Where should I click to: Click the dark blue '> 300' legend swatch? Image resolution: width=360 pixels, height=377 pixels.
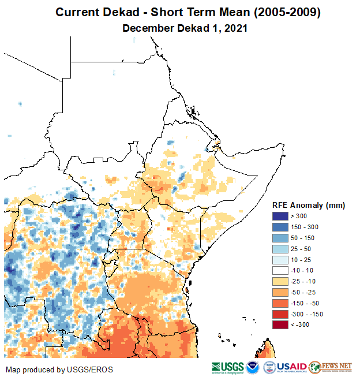click(280, 216)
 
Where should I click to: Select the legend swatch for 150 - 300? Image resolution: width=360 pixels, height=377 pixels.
click(280, 227)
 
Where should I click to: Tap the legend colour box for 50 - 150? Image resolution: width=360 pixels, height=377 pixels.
click(280, 238)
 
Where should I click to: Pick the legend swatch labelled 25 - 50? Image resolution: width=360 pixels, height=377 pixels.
click(280, 249)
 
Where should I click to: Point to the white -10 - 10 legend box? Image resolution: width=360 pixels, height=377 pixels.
click(280, 270)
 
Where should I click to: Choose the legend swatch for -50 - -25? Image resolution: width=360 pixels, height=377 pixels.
click(280, 292)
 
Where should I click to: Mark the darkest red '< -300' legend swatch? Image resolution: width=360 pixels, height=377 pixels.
click(280, 325)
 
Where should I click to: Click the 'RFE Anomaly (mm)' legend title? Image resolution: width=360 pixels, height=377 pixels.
click(308, 205)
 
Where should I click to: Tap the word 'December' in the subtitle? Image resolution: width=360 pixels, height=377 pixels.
click(148, 28)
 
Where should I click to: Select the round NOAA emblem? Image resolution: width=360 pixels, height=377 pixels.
click(253, 367)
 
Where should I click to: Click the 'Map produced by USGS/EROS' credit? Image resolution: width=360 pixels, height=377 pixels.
click(59, 369)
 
